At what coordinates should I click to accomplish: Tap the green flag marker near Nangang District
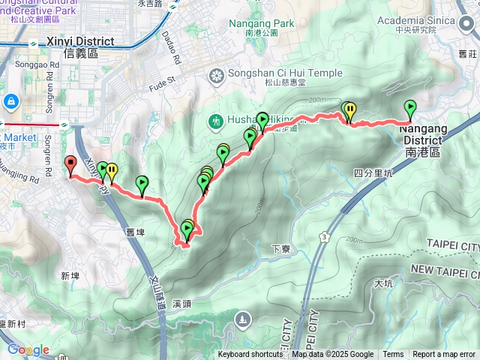pyautogui.click(x=410, y=109)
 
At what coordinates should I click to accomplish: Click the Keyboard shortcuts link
pyautogui.click(x=250, y=355)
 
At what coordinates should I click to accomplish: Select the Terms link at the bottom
pyautogui.click(x=393, y=355)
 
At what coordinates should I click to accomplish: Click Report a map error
pyautogui.click(x=443, y=355)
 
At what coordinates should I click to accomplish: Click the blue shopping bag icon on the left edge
pyautogui.click(x=10, y=100)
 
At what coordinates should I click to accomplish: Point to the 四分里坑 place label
pyautogui.click(x=373, y=172)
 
